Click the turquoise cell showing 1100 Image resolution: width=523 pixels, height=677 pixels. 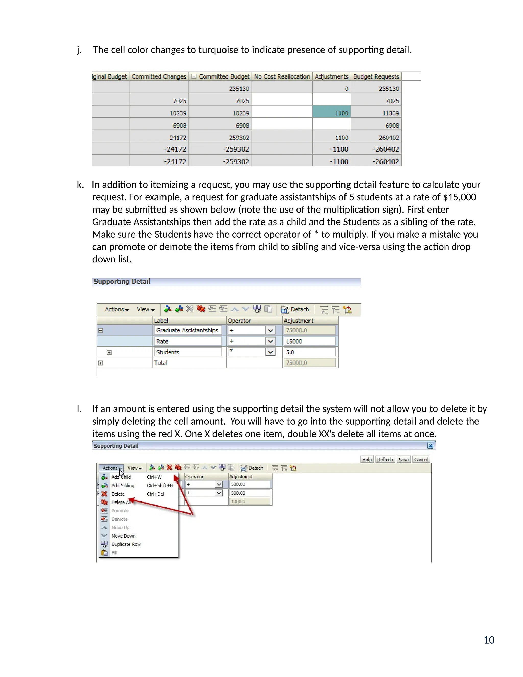(x=331, y=113)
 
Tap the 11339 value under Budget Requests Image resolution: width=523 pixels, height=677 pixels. (x=390, y=113)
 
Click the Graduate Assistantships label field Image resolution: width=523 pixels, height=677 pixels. (x=187, y=330)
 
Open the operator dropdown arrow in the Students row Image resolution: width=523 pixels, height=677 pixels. (x=270, y=352)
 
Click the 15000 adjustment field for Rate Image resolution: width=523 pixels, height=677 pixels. (x=309, y=341)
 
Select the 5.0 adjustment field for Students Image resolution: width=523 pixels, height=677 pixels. (x=309, y=352)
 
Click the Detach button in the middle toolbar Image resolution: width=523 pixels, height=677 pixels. (x=295, y=309)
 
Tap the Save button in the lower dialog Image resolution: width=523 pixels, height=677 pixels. (x=403, y=459)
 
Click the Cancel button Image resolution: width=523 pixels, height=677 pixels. (x=421, y=459)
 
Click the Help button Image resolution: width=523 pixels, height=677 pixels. (x=367, y=459)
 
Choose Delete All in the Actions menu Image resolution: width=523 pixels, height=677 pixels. (x=121, y=502)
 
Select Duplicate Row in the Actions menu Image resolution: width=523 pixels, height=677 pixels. (x=126, y=544)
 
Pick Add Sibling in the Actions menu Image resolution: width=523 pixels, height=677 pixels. (x=123, y=485)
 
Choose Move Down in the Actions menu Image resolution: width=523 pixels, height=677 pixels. (x=123, y=536)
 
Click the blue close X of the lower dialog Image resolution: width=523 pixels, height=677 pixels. (x=430, y=446)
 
